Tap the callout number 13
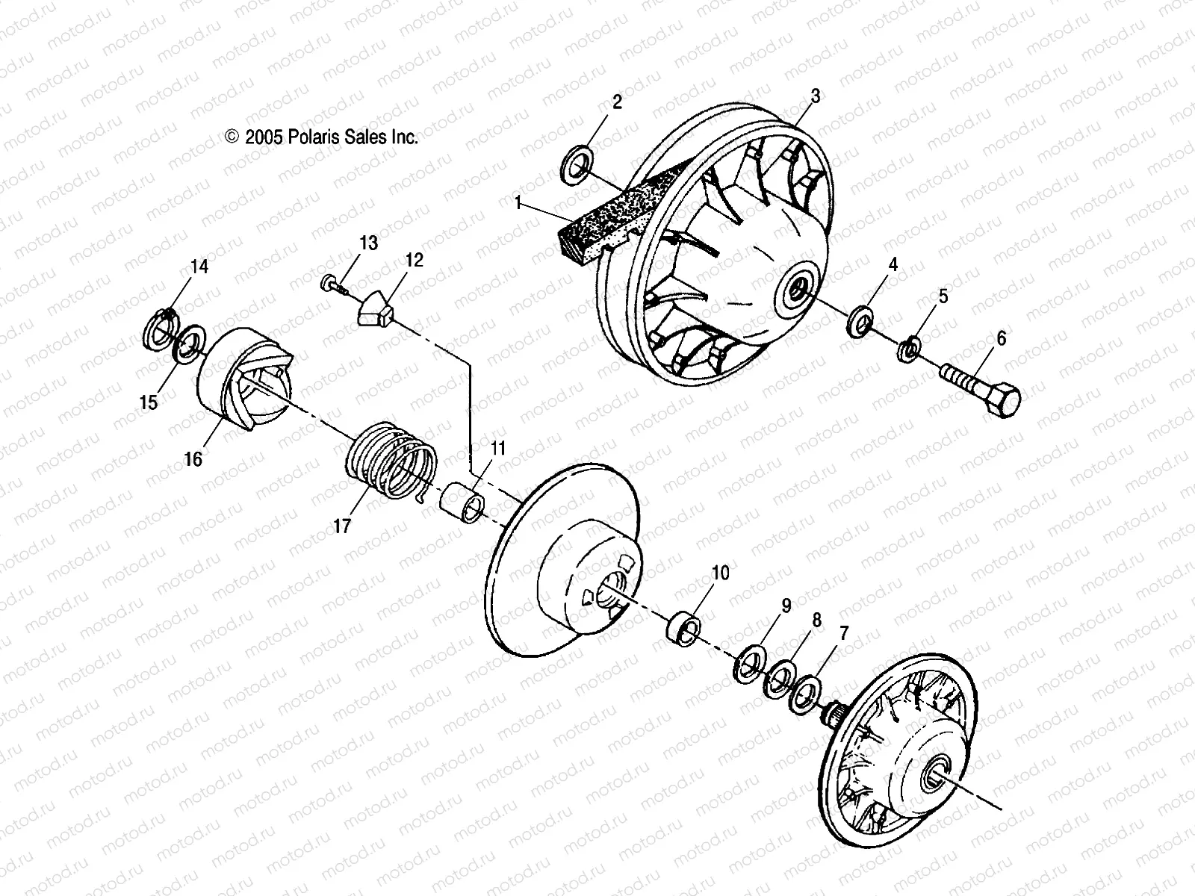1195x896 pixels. click(x=368, y=243)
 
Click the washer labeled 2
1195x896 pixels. click(x=582, y=164)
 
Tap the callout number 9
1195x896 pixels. click(x=786, y=606)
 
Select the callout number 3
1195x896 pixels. click(x=816, y=96)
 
